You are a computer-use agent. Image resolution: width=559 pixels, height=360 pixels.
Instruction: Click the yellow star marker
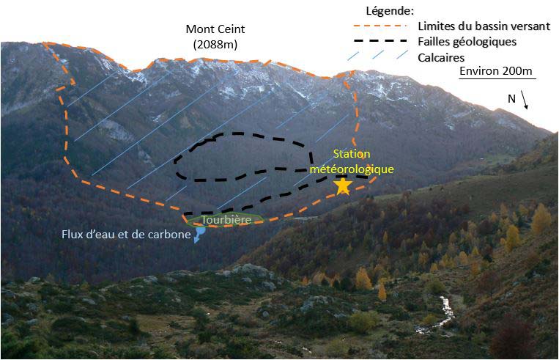pos(342,185)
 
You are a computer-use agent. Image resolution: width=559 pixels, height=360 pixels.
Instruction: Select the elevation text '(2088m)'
pos(216,45)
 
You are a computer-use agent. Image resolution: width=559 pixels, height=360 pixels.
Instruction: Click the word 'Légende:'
pos(389,10)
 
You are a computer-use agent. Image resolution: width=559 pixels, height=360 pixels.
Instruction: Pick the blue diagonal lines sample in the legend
pos(382,56)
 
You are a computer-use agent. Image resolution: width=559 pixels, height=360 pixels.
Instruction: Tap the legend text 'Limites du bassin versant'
pos(484,26)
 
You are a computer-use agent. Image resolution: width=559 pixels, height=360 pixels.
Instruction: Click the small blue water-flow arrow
pos(198,235)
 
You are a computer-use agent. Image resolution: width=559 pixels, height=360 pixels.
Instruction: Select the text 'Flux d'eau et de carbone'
pos(121,235)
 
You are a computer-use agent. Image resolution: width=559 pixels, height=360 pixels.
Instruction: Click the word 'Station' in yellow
pos(352,153)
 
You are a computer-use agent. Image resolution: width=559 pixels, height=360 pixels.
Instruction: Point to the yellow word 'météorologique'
pos(352,168)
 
